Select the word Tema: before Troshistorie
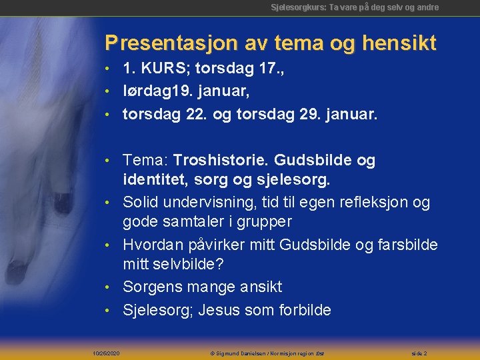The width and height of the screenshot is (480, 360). click(x=145, y=161)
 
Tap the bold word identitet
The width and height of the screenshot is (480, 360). click(x=151, y=180)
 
